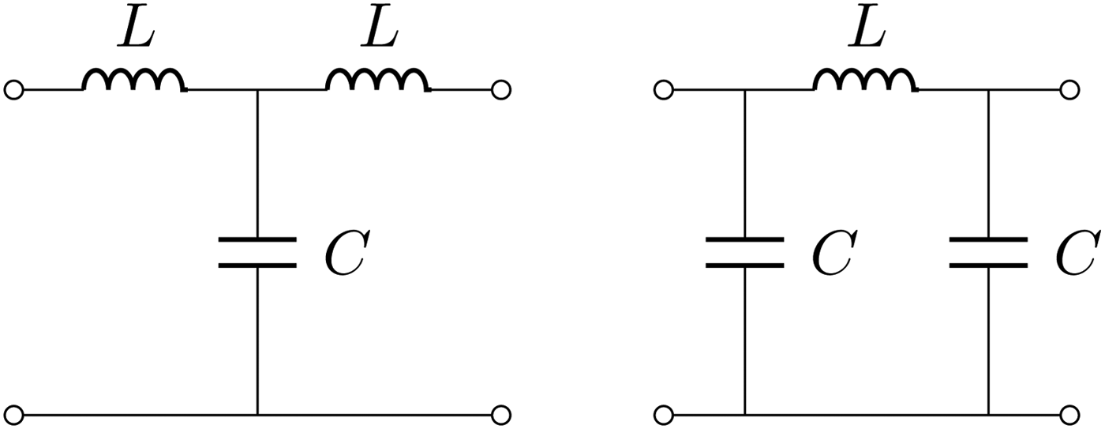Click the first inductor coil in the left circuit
point(134,81)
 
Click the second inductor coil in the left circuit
point(378,81)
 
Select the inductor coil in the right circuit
point(865,81)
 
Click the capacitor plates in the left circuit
point(257,252)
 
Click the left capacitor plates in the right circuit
point(744,252)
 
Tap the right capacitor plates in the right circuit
point(988,252)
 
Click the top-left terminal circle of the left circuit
point(13,90)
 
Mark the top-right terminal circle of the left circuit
point(501,90)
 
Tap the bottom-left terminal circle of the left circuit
point(13,414)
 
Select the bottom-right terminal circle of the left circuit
point(501,414)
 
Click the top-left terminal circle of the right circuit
point(664,90)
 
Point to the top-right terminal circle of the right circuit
point(1069,90)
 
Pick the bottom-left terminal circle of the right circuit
point(664,414)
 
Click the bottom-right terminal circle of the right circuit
point(1069,414)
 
